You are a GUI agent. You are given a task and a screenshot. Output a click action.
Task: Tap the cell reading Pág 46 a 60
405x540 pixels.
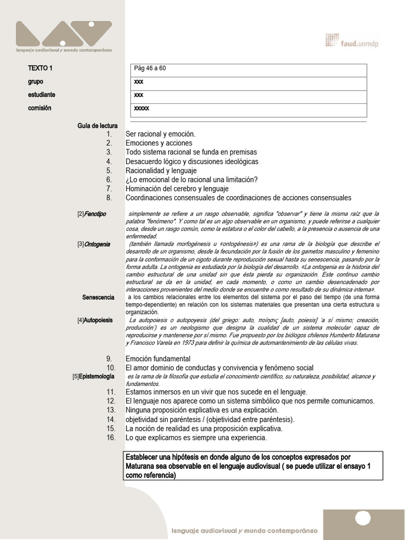150,69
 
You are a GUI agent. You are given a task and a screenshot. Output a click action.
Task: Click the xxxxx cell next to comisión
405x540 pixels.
142,108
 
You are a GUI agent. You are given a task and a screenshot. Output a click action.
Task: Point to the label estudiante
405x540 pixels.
42,95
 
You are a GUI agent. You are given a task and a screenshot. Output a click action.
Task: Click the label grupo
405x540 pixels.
35,82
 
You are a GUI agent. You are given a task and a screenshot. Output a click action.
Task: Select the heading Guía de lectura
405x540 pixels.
97,126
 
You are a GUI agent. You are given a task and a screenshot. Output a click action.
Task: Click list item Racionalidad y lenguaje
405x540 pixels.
161,170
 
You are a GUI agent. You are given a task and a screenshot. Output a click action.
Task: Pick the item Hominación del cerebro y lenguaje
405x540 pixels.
177,188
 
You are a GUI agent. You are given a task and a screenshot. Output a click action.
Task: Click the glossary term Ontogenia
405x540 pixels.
97,244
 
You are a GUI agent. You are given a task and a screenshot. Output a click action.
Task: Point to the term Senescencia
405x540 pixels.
98,297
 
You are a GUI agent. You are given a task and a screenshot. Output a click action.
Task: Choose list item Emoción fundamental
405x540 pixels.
158,359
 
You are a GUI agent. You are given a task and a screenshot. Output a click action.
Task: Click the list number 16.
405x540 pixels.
110,438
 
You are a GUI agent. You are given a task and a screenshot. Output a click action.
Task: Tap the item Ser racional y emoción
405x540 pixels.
160,134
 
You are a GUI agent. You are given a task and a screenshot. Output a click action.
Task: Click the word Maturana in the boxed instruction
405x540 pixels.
141,466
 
